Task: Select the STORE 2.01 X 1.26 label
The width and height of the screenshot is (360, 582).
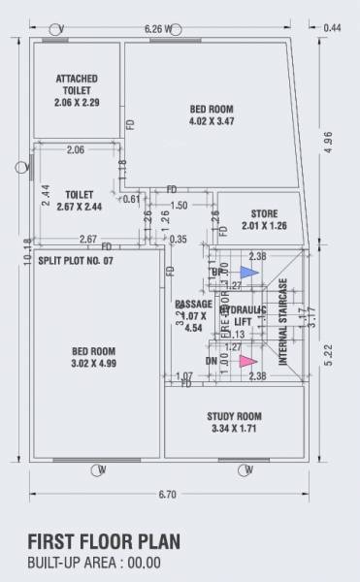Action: click(x=264, y=219)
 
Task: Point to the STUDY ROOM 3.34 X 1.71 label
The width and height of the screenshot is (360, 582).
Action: click(x=234, y=423)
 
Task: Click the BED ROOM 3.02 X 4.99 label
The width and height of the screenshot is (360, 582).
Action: click(x=94, y=357)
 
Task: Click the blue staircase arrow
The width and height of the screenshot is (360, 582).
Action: click(x=248, y=273)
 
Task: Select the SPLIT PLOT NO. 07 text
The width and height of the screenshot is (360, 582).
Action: click(x=76, y=262)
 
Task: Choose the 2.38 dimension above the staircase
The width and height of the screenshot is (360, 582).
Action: click(x=257, y=256)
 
